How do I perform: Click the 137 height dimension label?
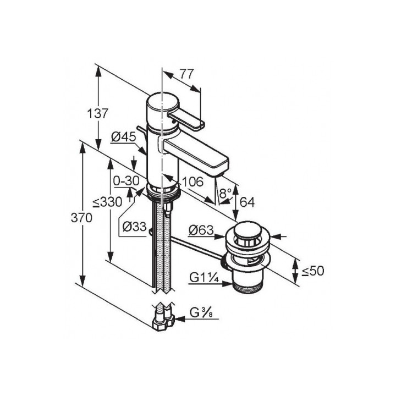98,114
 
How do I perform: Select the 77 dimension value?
186,74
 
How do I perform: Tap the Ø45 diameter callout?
124,137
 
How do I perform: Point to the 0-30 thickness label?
127,181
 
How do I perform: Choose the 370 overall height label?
81,218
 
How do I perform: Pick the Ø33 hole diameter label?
134,227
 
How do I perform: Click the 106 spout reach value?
193,182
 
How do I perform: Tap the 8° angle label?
226,194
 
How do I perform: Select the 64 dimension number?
247,201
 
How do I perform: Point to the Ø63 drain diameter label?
201,230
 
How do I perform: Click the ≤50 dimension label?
313,271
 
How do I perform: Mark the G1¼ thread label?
202,278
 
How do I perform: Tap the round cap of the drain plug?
245,231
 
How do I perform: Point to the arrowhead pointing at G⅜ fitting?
180,320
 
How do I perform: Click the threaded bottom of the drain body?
246,288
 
